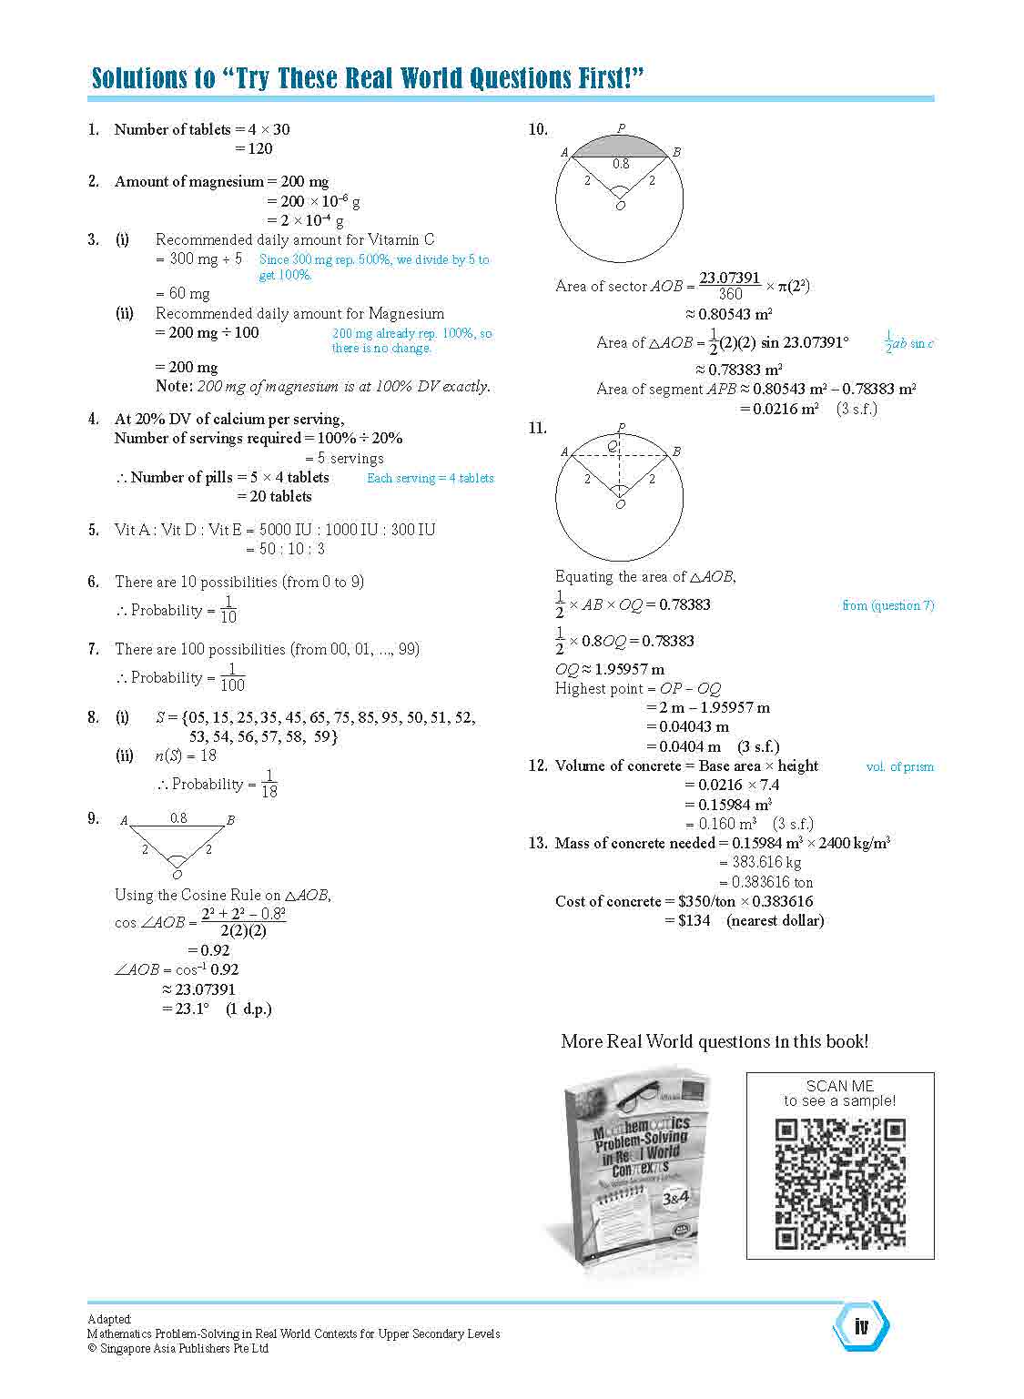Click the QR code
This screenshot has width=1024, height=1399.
click(x=840, y=1183)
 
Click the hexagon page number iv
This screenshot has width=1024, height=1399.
click(x=861, y=1326)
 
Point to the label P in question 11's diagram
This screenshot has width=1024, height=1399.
click(x=621, y=427)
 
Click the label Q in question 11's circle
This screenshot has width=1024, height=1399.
click(x=613, y=445)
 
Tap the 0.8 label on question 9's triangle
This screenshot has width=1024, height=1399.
click(x=178, y=818)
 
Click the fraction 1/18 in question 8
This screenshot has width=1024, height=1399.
click(x=269, y=784)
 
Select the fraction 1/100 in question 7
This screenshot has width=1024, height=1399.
click(x=232, y=677)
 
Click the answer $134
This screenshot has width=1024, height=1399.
click(x=694, y=920)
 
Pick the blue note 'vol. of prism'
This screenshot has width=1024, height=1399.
click(x=899, y=766)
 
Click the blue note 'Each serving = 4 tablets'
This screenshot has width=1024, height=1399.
click(x=430, y=478)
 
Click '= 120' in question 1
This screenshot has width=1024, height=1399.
click(x=254, y=148)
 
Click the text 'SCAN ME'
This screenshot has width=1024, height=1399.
click(x=839, y=1086)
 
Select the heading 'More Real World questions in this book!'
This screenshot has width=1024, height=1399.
click(x=715, y=1041)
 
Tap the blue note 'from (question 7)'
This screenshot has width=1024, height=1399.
click(x=887, y=605)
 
